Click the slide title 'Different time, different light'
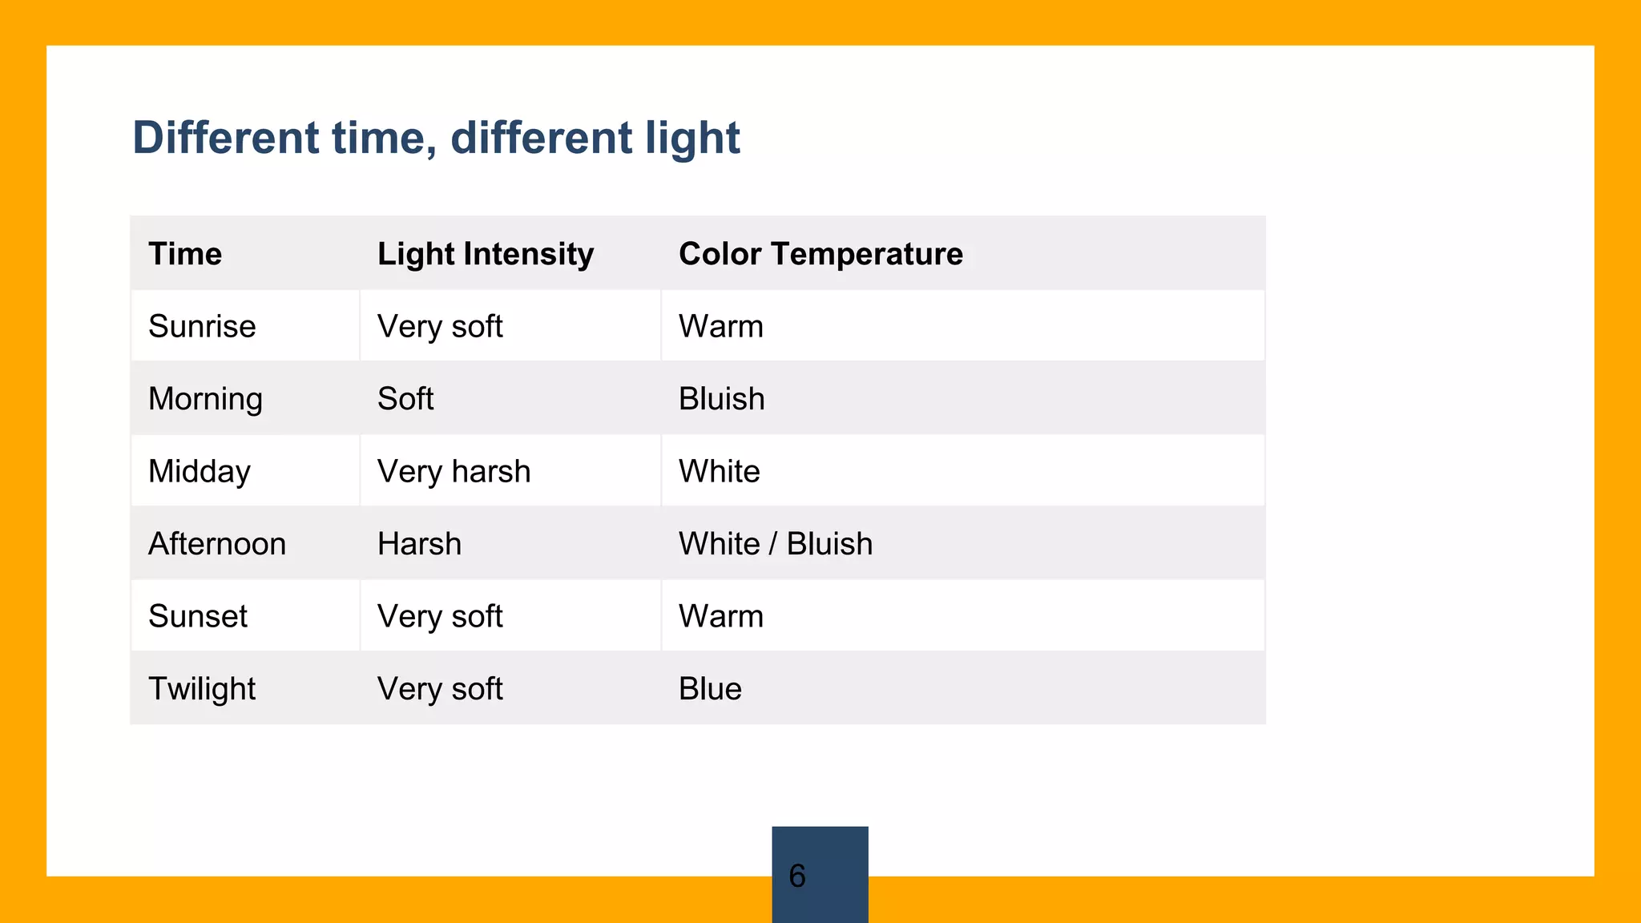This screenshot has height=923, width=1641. point(436,138)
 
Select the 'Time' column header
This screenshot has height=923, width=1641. point(185,254)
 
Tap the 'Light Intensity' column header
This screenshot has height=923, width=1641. point(486,254)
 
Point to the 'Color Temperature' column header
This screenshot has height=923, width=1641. point(820,254)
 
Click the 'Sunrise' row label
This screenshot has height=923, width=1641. point(202,326)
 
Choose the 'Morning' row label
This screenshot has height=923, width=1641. point(205,399)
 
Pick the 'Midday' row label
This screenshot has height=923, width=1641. point(200,471)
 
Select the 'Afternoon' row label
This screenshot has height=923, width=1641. point(217,544)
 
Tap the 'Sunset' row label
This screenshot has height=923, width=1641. point(198,616)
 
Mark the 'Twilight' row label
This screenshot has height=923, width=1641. point(202,689)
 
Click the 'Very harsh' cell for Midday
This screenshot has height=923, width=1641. point(454,471)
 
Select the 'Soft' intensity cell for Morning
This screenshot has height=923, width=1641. point(405,399)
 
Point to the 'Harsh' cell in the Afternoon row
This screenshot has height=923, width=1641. point(419,544)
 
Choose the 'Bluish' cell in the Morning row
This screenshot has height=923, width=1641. point(721,399)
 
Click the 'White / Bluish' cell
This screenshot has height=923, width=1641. point(775,544)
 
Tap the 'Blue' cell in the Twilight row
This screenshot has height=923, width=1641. point(710,689)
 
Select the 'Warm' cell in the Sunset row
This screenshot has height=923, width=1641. point(720,616)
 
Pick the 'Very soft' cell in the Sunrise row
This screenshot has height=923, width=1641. point(440,326)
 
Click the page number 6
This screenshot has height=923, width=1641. point(797,876)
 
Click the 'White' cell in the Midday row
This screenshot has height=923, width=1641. point(719,471)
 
